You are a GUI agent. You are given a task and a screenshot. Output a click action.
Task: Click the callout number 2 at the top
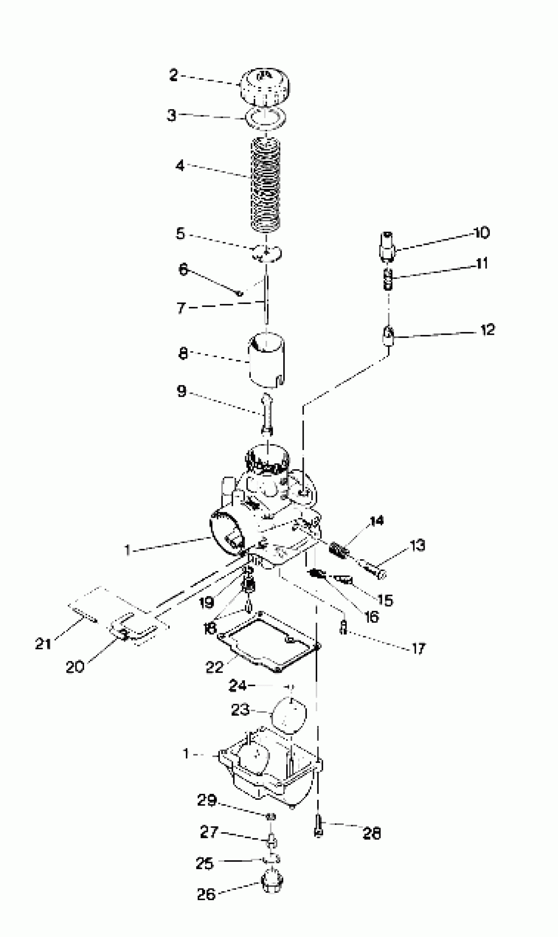[173, 75]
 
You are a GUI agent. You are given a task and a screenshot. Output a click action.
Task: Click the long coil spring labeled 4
[266, 184]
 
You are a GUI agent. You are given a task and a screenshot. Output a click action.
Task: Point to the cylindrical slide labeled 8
[266, 361]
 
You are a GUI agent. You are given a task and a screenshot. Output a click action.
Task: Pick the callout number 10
[481, 233]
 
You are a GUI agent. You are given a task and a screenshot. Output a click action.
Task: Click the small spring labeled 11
[388, 280]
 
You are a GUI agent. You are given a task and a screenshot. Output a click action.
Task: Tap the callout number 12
[488, 330]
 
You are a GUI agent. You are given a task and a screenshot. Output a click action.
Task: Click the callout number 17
[418, 648]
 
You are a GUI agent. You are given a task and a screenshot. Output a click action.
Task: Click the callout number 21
[43, 644]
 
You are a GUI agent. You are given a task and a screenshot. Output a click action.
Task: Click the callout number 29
[207, 800]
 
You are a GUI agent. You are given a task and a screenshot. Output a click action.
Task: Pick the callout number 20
[75, 667]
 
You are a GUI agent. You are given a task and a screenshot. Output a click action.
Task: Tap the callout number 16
[372, 617]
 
